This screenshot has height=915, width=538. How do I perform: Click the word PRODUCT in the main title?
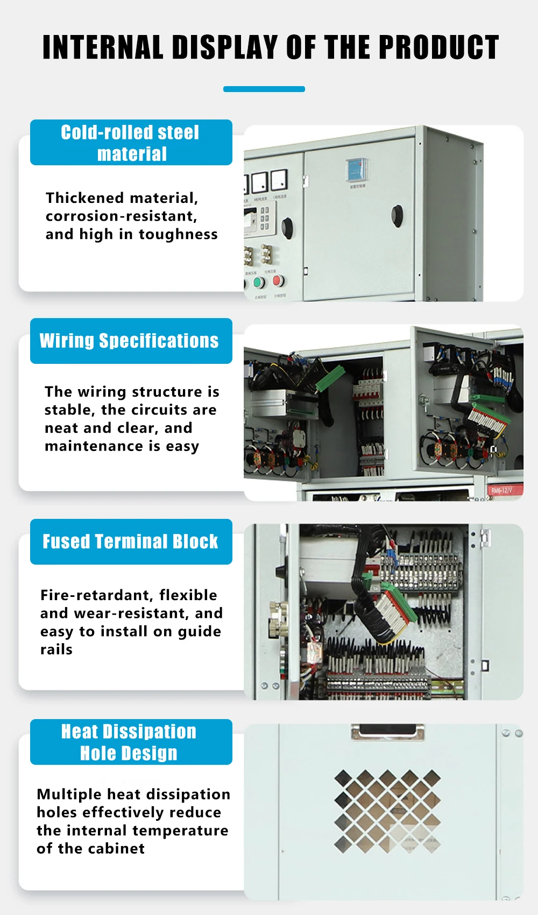438,47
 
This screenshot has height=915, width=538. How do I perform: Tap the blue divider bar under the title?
264,89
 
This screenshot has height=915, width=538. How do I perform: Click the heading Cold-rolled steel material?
131,143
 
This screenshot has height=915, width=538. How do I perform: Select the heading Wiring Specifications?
129,341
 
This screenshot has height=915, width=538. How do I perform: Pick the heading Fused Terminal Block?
130,541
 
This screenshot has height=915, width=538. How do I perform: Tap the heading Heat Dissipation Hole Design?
129,742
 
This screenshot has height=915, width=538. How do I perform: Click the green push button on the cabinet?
259,283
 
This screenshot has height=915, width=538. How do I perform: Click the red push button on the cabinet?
278,280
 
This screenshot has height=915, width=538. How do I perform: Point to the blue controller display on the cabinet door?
356,170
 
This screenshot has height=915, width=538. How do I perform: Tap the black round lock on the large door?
397,215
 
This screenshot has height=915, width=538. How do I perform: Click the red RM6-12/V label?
501,490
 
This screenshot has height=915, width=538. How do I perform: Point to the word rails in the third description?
56,650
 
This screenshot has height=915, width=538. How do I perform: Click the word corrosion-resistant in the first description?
121,216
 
